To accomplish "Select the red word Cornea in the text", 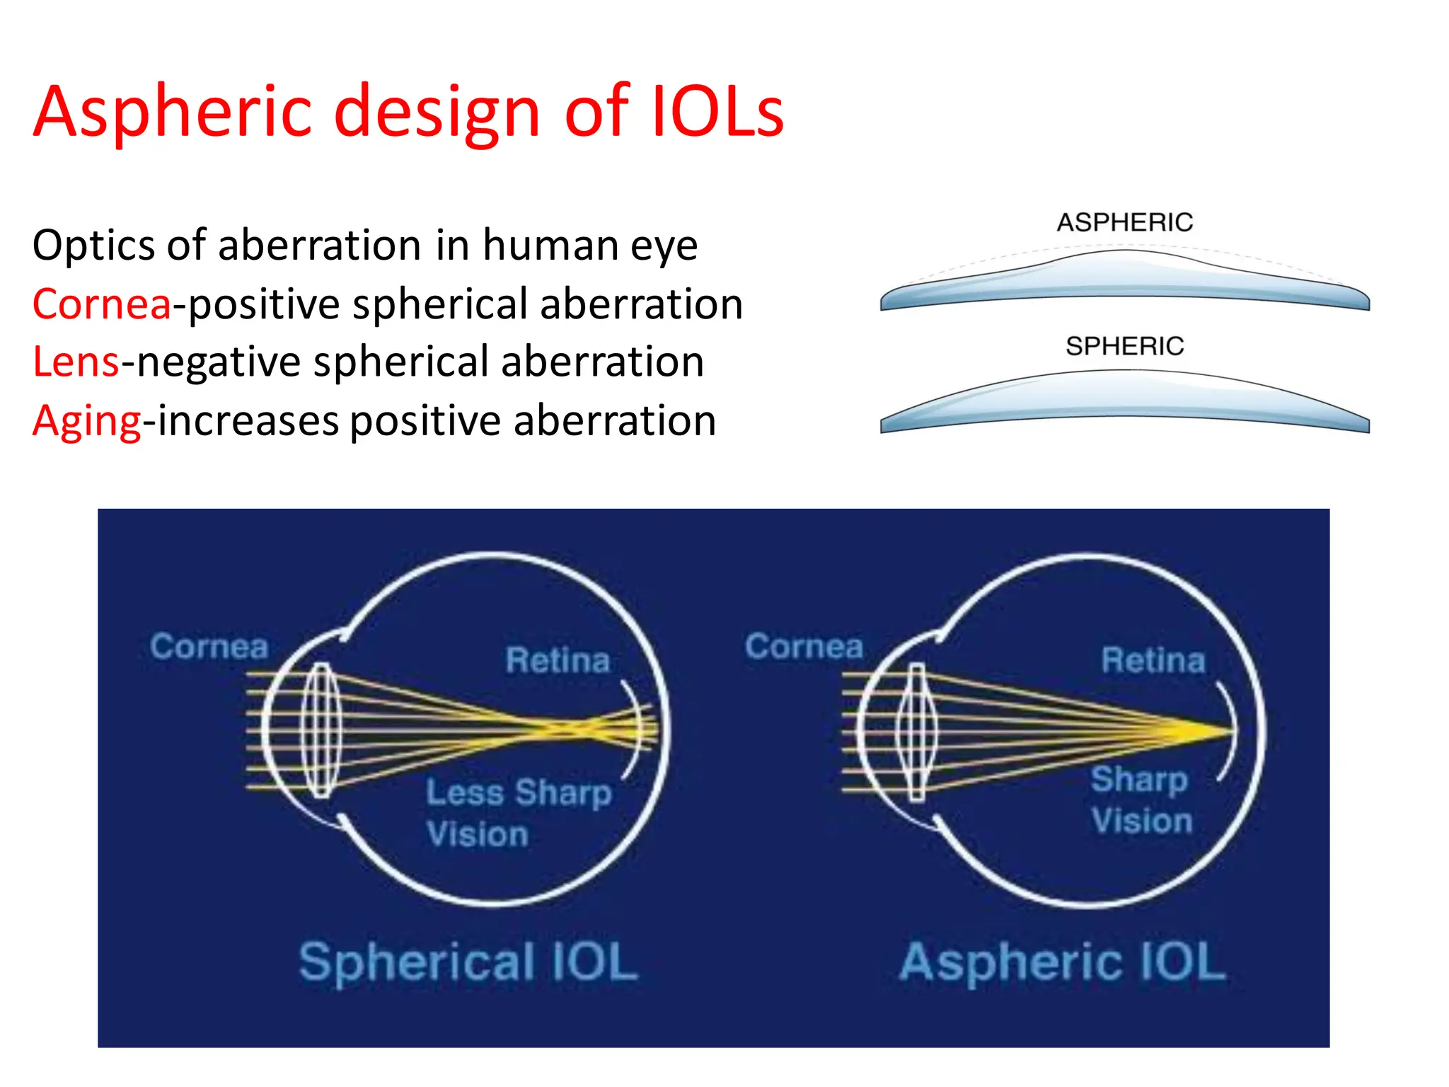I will pyautogui.click(x=102, y=304).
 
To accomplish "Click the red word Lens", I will pyautogui.click(x=76, y=362).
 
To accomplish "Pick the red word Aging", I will pyautogui.click(x=86, y=421).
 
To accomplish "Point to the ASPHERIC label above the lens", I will pyautogui.click(x=1124, y=222).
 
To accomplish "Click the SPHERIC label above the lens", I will pyautogui.click(x=1124, y=346).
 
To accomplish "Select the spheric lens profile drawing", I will pyautogui.click(x=1124, y=403).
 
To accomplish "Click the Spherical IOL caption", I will pyautogui.click(x=468, y=962).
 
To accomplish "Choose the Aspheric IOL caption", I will pyautogui.click(x=1062, y=962).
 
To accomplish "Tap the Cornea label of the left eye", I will pyautogui.click(x=209, y=647).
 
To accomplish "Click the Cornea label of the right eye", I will pyautogui.click(x=804, y=647).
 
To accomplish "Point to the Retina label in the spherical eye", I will pyautogui.click(x=558, y=660).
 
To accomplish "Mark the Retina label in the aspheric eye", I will pyautogui.click(x=1153, y=660).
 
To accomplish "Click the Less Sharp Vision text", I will pyautogui.click(x=518, y=812).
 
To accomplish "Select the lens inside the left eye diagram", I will pyautogui.click(x=322, y=730).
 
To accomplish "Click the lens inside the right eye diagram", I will pyautogui.click(x=917, y=730).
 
